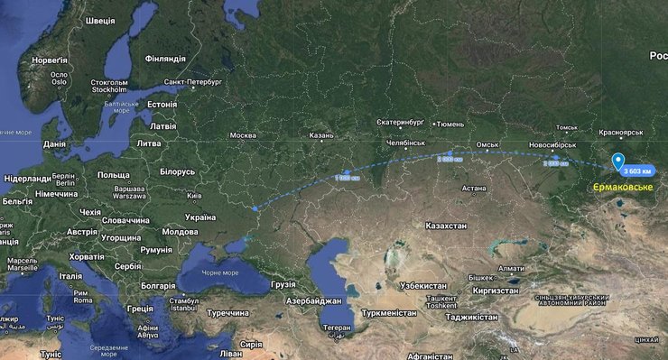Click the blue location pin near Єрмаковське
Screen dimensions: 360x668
click(618, 162)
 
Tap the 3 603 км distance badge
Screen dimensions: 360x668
click(637, 171)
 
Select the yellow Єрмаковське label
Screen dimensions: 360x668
click(620, 188)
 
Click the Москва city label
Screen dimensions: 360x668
click(243, 135)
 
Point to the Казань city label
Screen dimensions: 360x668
click(321, 135)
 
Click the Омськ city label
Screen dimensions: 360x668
click(487, 144)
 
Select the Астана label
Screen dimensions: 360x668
click(473, 189)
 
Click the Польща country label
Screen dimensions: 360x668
click(114, 174)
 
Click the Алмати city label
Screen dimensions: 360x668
click(511, 268)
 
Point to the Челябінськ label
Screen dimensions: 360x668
click(405, 143)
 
